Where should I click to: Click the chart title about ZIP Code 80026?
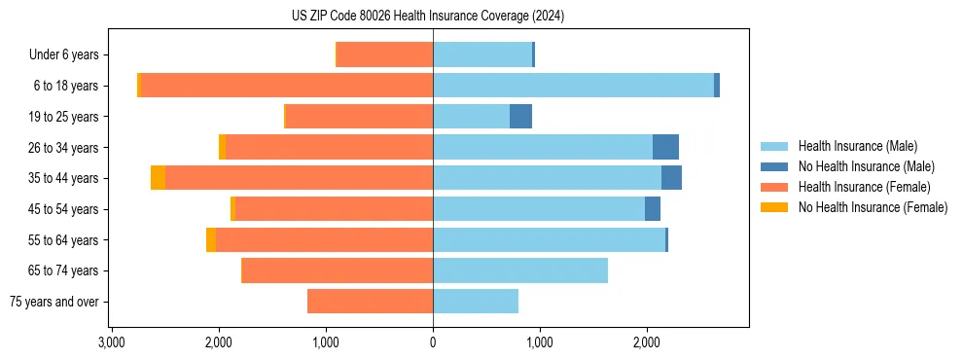coord(427,17)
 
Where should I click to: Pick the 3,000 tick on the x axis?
coord(112,342)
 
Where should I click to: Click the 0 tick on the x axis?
coord(433,342)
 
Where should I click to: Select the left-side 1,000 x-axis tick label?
coord(326,342)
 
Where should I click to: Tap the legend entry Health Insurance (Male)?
coord(857,146)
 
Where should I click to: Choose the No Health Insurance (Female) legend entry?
coord(873,207)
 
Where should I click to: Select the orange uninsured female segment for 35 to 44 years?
coord(158,178)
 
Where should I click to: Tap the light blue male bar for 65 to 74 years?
coord(520,270)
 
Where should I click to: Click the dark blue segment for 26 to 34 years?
coord(665,147)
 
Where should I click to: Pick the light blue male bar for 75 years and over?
coord(476,302)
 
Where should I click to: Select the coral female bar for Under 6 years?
coord(385,55)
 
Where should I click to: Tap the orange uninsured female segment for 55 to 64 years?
coord(211,239)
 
